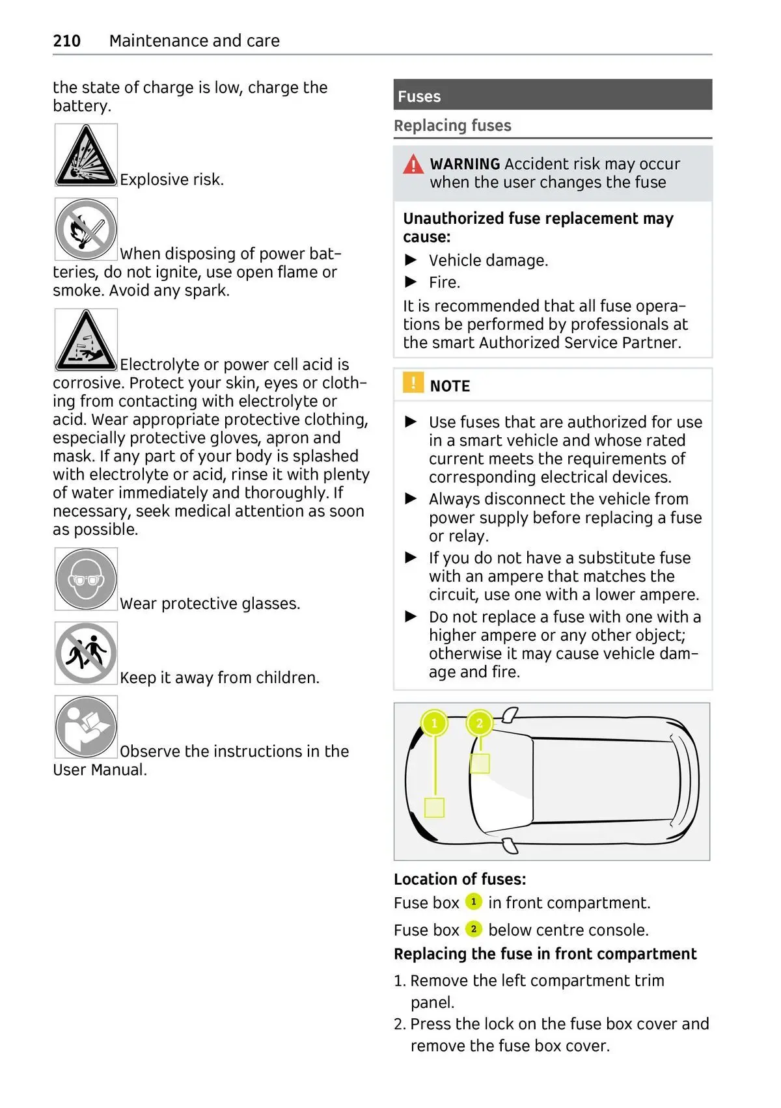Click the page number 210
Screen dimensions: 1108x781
(x=66, y=41)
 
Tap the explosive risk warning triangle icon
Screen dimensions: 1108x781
(x=86, y=155)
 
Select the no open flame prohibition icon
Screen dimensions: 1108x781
(x=86, y=230)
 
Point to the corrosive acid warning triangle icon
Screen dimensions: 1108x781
(x=86, y=340)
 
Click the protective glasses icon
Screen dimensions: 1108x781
(x=86, y=579)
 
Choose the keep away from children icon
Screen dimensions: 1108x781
(x=86, y=653)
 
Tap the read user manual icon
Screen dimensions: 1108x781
(x=86, y=727)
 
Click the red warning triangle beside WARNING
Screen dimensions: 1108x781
(x=413, y=165)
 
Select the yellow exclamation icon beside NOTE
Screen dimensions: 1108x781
(x=413, y=383)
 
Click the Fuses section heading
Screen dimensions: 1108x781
(x=419, y=96)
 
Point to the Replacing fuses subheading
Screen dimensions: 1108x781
(x=452, y=126)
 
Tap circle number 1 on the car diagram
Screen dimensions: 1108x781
(x=435, y=723)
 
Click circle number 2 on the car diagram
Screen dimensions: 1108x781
(x=480, y=723)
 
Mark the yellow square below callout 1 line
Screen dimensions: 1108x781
(x=434, y=807)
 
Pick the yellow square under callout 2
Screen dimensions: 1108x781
(x=480, y=763)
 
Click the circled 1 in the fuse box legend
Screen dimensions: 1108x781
(x=473, y=902)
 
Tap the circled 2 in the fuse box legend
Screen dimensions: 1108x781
(x=473, y=929)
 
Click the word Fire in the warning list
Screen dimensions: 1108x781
(x=443, y=282)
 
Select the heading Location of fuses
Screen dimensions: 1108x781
(x=459, y=879)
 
